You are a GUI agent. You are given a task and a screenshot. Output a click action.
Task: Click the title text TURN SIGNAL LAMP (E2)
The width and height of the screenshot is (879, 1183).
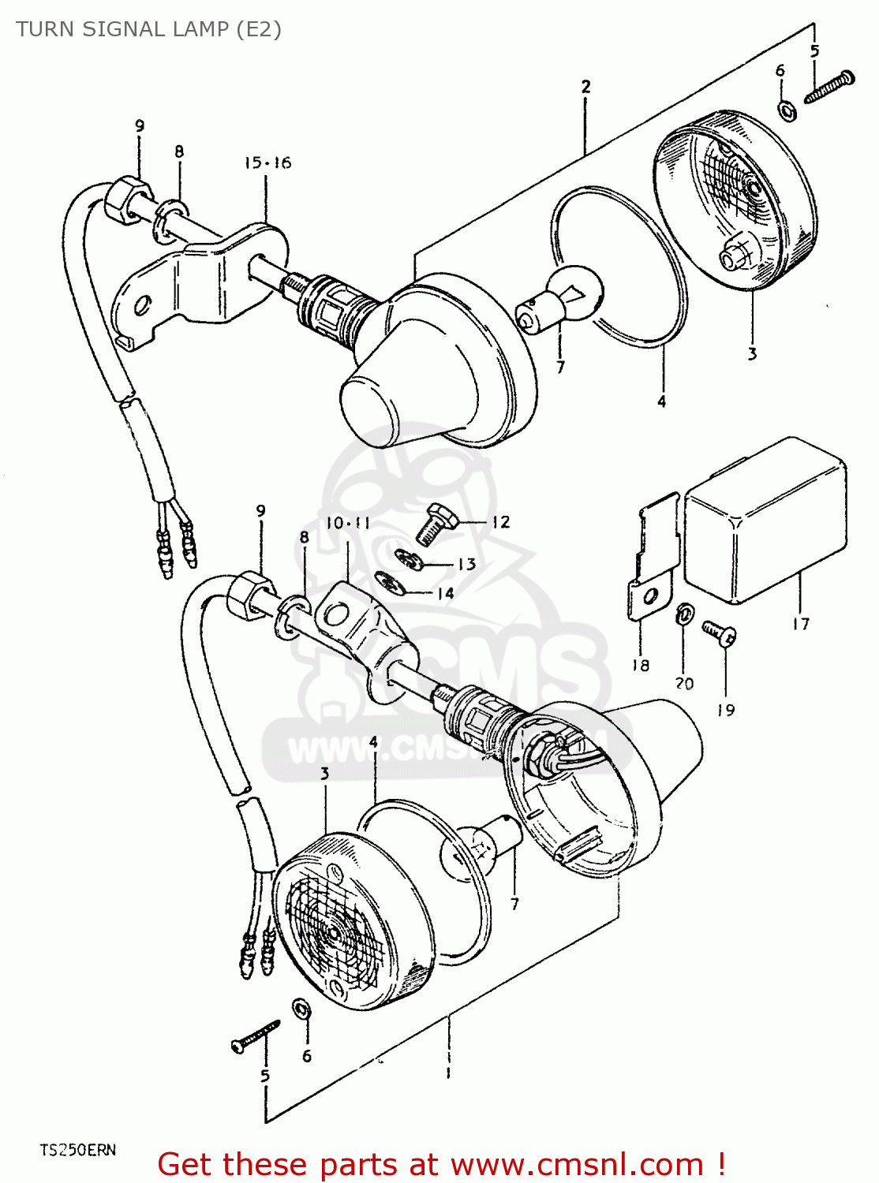pyautogui.click(x=148, y=29)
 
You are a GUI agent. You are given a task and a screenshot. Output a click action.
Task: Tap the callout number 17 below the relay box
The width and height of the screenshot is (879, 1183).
pyautogui.click(x=800, y=624)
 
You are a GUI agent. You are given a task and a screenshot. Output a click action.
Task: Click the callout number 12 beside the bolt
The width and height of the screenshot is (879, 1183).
pyautogui.click(x=500, y=522)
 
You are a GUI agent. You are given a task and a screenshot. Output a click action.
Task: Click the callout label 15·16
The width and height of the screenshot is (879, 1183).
pyautogui.click(x=267, y=163)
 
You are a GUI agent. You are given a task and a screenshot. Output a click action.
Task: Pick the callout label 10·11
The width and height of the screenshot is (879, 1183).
pyautogui.click(x=347, y=523)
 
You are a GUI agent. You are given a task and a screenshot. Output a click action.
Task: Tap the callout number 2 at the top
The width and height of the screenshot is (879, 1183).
pyautogui.click(x=585, y=86)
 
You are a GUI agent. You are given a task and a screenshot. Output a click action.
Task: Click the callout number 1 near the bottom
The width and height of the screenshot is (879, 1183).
pyautogui.click(x=448, y=1073)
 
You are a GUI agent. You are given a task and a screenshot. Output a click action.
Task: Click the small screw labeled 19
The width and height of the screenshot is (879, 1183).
pyautogui.click(x=720, y=633)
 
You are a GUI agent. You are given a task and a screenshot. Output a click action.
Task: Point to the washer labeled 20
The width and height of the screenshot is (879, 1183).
pyautogui.click(x=685, y=614)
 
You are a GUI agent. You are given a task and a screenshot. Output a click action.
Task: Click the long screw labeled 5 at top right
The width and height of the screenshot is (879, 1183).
pyautogui.click(x=829, y=87)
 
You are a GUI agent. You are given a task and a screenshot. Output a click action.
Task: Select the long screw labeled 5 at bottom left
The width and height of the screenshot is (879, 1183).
pyautogui.click(x=256, y=1035)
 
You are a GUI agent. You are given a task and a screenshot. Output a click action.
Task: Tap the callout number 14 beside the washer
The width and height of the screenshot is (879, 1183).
pyautogui.click(x=445, y=592)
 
